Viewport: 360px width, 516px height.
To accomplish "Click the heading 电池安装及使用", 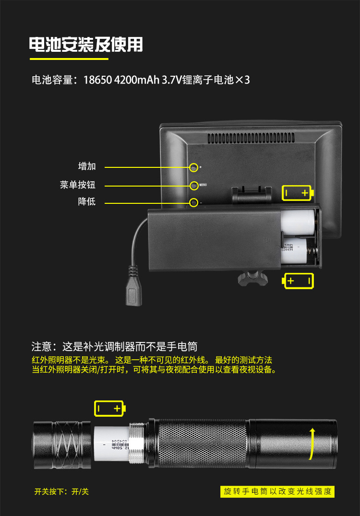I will point(86,45).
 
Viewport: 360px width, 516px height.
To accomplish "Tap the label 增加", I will point(87,166).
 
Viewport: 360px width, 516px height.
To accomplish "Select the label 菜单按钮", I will point(78,185).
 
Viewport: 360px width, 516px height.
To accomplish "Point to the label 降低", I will point(87,201).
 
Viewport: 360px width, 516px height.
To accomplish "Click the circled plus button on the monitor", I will point(193,167).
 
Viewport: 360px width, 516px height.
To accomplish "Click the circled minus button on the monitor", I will point(193,202).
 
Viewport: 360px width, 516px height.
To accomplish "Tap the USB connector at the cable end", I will point(133,293).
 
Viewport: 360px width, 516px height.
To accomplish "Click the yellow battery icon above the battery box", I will point(298,193).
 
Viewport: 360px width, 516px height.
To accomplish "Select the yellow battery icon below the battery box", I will point(299,281).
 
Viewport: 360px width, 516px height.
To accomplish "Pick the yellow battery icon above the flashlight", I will point(110,409).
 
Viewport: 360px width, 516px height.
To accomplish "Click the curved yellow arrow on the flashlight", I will point(312,442).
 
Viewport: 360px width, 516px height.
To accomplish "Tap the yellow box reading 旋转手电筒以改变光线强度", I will point(277,491).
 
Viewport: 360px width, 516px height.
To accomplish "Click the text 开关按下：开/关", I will point(61,491).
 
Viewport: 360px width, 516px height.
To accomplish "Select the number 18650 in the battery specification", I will point(98,80).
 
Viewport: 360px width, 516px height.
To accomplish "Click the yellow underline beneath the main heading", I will point(69,59).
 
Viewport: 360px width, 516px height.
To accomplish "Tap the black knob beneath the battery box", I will point(252,278).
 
